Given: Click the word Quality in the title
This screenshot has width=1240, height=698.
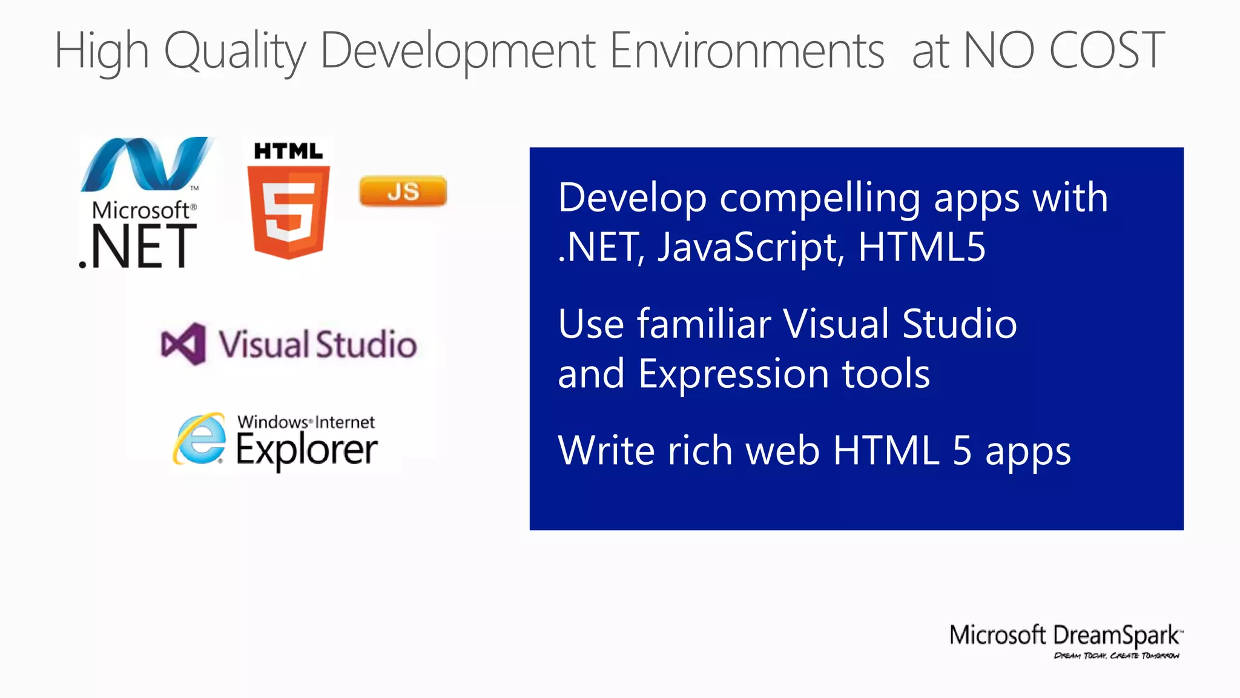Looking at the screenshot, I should tap(235, 52).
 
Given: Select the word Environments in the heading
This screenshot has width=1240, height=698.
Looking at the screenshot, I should tap(747, 50).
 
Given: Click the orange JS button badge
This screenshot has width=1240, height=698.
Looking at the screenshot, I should tap(403, 191).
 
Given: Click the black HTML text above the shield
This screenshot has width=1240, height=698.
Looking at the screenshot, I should tap(288, 151).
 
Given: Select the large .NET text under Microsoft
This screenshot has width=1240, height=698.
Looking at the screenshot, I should tap(138, 247).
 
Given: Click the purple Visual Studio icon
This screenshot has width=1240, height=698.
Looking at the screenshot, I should tap(183, 344).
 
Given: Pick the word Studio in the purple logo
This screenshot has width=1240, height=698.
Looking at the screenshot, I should tap(366, 345).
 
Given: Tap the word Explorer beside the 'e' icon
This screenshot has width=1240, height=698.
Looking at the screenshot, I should tap(306, 451).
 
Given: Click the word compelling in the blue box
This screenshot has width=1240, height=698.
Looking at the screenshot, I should tap(820, 199).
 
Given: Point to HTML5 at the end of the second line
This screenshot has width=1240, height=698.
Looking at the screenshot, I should tap(922, 247).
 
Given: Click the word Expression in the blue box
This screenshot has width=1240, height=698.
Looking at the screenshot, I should tap(734, 374).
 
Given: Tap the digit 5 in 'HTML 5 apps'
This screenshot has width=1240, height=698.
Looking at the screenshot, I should tap(962, 451).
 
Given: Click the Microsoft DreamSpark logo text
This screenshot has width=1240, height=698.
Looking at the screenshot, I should tap(1064, 636).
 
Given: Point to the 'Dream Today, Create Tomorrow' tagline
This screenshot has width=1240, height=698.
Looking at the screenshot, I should tap(1116, 656).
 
